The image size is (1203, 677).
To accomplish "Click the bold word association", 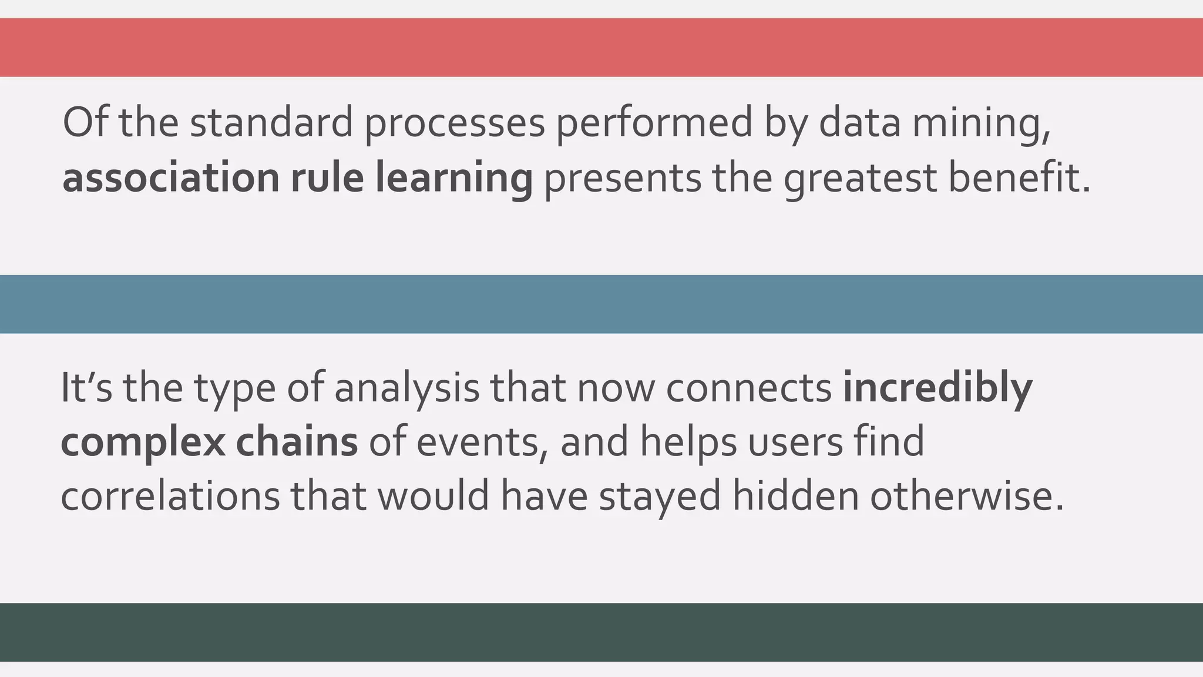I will point(170,177).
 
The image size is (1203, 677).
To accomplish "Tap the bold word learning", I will point(453,177).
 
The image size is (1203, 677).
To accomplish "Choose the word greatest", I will point(860,177).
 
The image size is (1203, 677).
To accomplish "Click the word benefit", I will point(1020,177).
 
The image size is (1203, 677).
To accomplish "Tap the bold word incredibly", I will point(937,388).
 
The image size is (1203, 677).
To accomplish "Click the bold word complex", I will point(143,442).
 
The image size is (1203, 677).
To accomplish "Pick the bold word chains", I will point(297,442).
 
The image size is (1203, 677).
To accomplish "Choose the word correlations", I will point(170,495).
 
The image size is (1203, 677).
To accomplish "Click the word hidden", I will point(795,495).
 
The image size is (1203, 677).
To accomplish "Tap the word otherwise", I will point(967,495).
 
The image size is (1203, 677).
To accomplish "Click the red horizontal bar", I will point(601,47).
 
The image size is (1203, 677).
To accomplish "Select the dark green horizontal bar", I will point(601,632).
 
